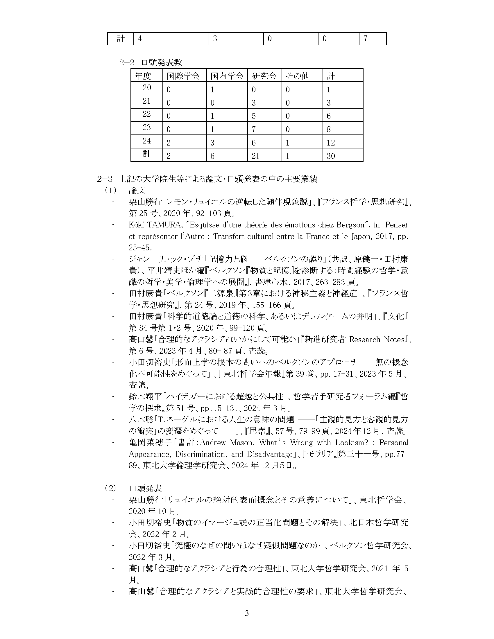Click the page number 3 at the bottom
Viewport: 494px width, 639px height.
tap(246, 612)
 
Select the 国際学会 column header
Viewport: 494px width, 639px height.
tap(183, 76)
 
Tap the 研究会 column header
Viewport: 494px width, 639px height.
tap(264, 76)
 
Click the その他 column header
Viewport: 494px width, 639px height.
tap(297, 76)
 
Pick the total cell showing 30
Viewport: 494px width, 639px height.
tap(331, 156)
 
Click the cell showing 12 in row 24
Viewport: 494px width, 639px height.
tap(331, 143)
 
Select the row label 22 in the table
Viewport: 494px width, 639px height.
tap(147, 114)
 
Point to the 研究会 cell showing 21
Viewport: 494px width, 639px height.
tap(255, 156)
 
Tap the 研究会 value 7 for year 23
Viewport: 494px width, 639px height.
tap(254, 129)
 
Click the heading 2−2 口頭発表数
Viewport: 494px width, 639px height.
tap(151, 62)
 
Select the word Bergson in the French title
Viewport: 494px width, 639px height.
tap(349, 225)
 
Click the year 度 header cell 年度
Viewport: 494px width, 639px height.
tap(143, 76)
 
